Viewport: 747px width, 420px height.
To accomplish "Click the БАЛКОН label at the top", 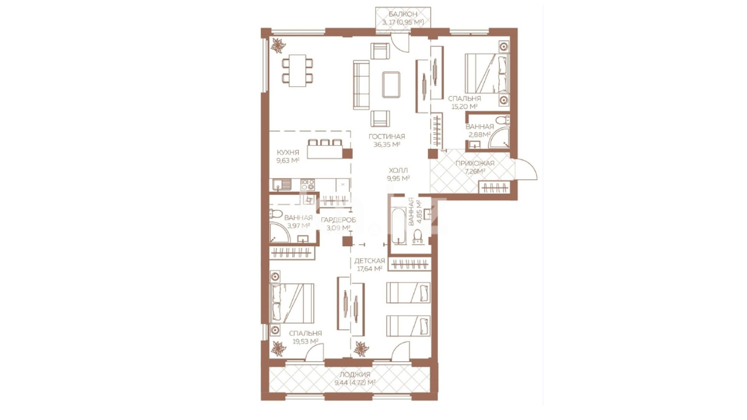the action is (403, 14).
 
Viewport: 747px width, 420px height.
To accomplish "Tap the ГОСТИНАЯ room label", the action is (387, 136).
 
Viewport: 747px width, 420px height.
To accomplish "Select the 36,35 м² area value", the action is (387, 145).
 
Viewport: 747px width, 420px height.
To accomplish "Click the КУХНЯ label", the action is (288, 152).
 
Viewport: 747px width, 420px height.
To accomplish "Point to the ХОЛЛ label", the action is (398, 170).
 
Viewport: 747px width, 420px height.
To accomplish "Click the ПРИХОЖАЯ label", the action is (475, 163).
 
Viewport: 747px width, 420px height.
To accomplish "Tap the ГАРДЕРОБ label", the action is (338, 220).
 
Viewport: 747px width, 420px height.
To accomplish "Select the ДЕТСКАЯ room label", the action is (369, 261).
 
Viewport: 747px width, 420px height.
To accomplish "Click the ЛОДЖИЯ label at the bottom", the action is (355, 374).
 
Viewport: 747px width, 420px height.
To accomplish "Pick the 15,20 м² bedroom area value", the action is (464, 107).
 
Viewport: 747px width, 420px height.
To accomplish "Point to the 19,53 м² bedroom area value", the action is (305, 341).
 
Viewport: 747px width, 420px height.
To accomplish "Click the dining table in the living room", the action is (297, 70).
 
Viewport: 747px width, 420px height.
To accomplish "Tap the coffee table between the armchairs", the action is (391, 84).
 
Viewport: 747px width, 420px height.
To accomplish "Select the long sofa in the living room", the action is (361, 85).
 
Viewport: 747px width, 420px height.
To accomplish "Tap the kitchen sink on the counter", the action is (282, 185).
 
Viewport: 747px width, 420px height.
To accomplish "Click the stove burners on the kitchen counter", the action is (308, 185).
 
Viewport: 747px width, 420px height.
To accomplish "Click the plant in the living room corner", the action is (278, 45).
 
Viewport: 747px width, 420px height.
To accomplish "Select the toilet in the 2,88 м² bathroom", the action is (503, 119).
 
